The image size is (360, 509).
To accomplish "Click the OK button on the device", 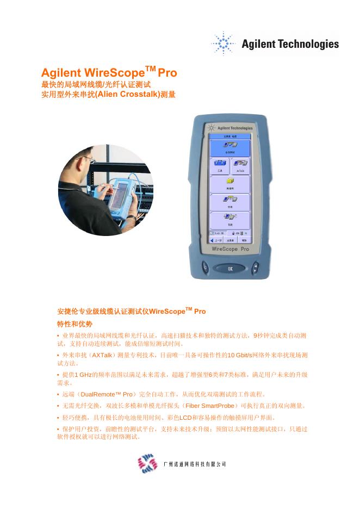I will coord(229,268).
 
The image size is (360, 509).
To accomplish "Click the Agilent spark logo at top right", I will coord(222,43).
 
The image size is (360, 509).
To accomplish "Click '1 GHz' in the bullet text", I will coord(83,375).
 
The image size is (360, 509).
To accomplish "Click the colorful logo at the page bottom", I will coord(147,464).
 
